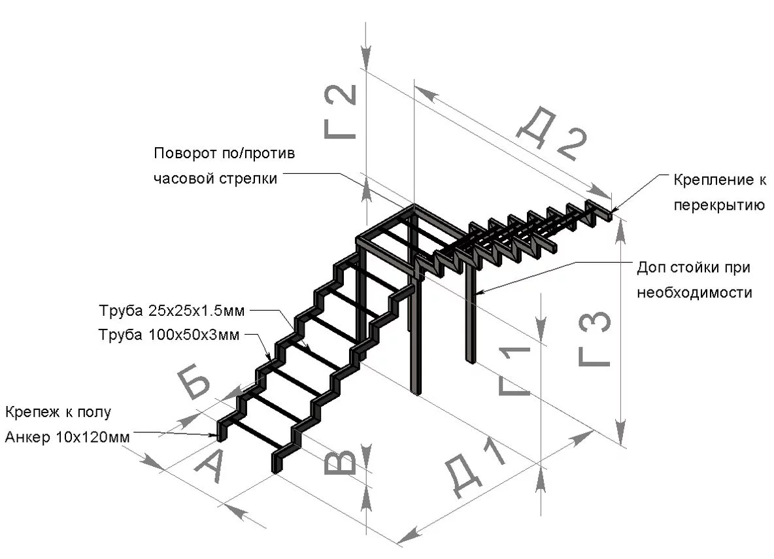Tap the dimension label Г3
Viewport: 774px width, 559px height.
click(x=595, y=339)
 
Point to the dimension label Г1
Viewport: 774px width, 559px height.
click(x=514, y=371)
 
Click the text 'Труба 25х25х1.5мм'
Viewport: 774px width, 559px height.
click(x=173, y=309)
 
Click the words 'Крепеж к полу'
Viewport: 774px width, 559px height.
click(x=59, y=413)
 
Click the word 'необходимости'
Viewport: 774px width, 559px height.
click(x=694, y=292)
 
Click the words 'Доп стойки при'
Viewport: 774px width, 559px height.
click(x=692, y=268)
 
